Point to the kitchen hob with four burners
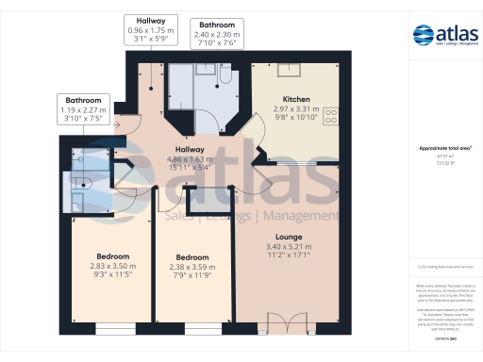(331, 116)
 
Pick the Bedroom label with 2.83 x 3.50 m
(112, 255)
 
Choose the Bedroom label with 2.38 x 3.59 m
(192, 256)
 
